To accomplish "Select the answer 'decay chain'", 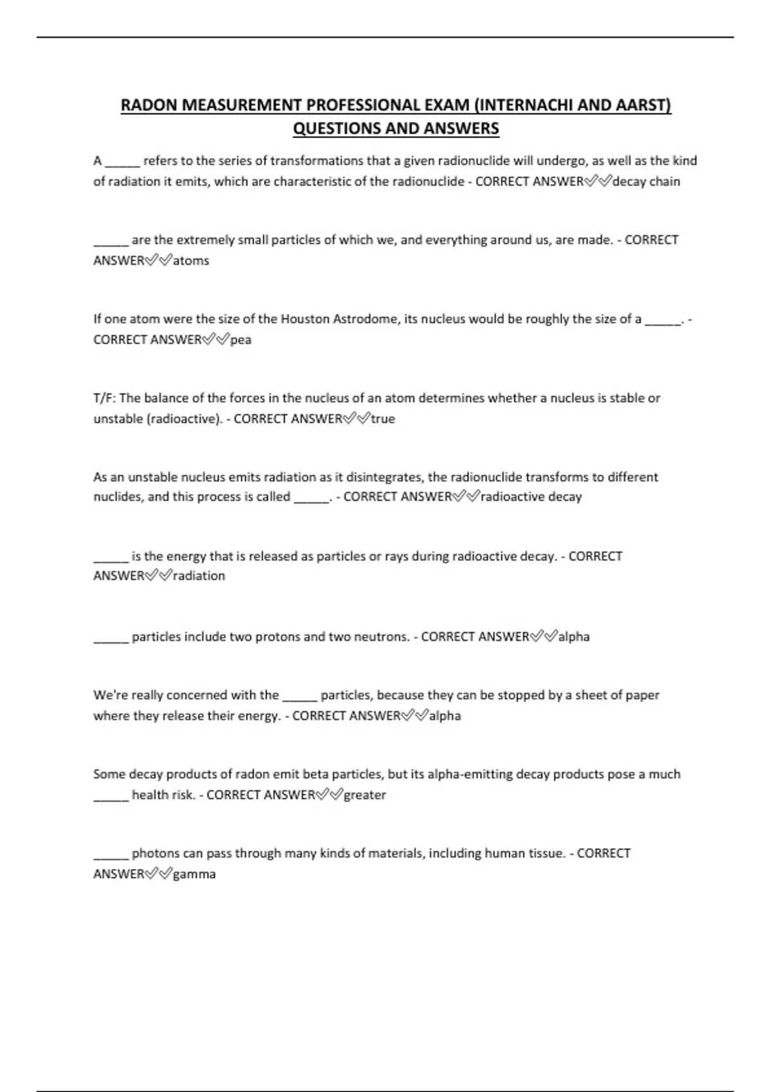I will coord(646,182).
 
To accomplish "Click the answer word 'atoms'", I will coord(191,261).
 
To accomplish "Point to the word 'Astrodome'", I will coord(365,319).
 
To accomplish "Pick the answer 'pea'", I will coord(241,340).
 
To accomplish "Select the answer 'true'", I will coord(383,419).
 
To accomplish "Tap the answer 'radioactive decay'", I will coord(531,497).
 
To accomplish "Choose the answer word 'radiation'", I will coord(199,576).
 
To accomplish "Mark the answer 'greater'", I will coord(365,795).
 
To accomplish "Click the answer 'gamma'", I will coord(194,874).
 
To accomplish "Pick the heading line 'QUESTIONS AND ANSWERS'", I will coord(396,128).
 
